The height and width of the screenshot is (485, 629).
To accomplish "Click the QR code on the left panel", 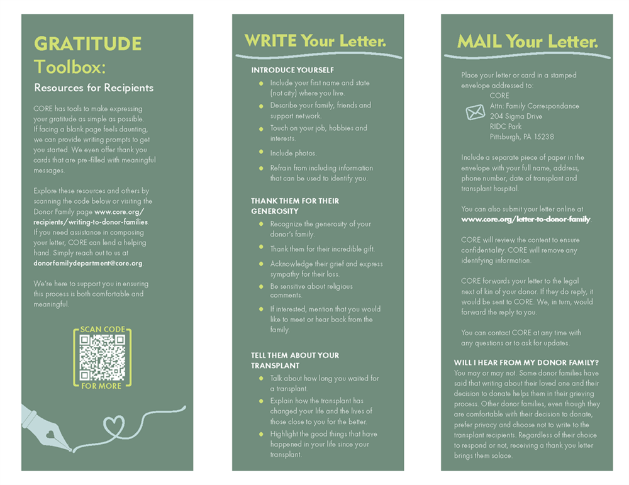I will (102, 357).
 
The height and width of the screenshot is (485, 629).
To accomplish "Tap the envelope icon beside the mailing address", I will (475, 112).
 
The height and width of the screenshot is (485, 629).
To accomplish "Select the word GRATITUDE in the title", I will (87, 44).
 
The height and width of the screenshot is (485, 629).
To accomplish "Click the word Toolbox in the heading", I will (69, 66).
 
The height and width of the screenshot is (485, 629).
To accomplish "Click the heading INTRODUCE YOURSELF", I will (292, 70).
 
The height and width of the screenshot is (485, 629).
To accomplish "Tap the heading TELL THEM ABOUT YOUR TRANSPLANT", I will (294, 360).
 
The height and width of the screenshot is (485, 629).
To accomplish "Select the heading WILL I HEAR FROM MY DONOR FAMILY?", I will (526, 362).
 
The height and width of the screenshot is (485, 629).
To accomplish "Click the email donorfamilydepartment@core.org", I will (87, 263).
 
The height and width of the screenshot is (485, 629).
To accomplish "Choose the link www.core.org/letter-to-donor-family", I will (526, 219).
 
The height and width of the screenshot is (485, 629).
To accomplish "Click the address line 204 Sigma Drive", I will (516, 116).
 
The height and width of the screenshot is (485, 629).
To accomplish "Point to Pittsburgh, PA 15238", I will (521, 137).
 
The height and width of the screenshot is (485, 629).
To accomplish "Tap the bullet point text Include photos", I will (293, 153).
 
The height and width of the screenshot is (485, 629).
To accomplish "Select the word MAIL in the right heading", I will (479, 42).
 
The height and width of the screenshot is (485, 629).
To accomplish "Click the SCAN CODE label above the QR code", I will (103, 330).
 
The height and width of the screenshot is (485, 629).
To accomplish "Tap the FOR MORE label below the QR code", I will (101, 386).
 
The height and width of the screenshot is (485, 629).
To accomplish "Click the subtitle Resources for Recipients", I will (94, 87).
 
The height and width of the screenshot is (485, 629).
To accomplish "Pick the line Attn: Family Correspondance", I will (534, 106).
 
